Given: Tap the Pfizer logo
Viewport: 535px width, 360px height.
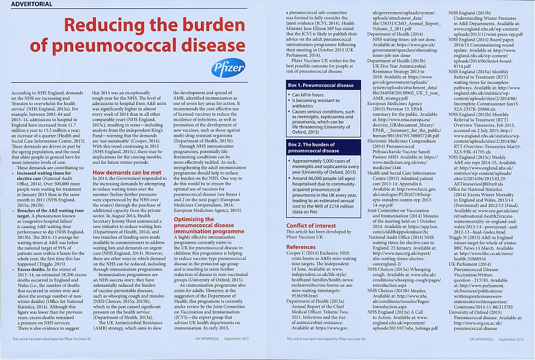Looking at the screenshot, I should coord(228,67).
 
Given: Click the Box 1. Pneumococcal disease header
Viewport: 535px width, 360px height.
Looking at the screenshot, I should coord(321,86).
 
